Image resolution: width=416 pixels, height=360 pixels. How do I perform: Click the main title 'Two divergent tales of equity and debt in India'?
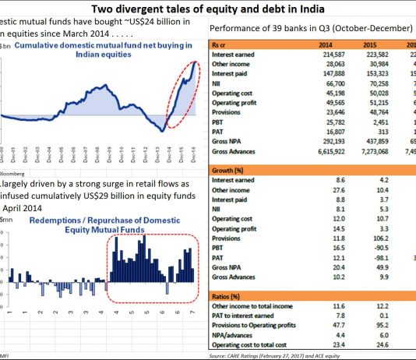pos(208,9)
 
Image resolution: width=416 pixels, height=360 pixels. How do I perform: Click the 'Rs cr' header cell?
pos(222,45)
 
